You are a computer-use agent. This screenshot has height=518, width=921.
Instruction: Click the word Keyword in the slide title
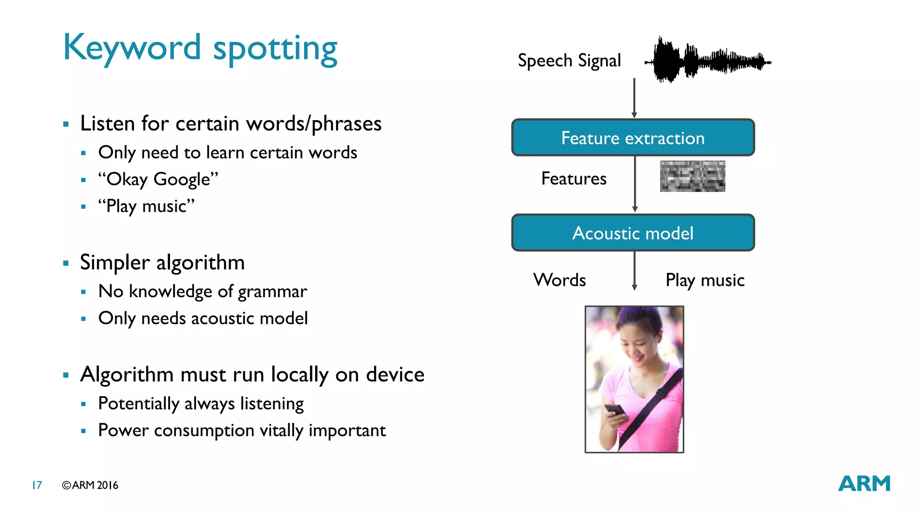tap(131, 48)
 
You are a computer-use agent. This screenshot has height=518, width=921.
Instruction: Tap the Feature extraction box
tap(633, 138)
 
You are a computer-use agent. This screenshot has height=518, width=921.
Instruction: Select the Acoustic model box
tap(633, 233)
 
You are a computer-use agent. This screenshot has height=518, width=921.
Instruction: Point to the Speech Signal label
tap(569, 61)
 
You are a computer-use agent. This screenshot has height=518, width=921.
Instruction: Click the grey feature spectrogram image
tap(692, 176)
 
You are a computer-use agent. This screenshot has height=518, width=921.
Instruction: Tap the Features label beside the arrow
tap(574, 179)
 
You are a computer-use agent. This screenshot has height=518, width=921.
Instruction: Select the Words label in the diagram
tap(559, 280)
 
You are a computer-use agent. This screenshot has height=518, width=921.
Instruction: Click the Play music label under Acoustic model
tap(705, 280)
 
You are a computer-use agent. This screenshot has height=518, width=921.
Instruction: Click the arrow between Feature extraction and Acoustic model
tap(635, 184)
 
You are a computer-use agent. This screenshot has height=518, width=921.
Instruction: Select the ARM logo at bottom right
tap(864, 484)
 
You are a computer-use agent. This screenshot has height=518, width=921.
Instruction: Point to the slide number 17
tap(37, 485)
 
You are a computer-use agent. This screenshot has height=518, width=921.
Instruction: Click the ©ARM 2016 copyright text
tap(90, 485)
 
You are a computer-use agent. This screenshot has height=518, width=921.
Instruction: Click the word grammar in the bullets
tap(272, 292)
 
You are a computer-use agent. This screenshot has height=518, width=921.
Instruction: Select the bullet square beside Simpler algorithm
tap(66, 263)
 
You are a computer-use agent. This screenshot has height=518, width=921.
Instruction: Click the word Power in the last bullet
tap(123, 430)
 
